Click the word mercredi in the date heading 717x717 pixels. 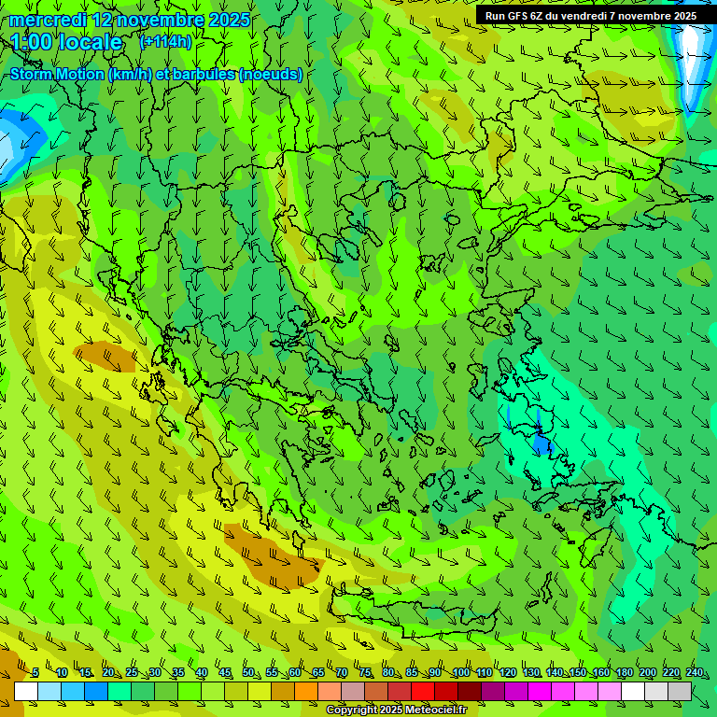tap(48, 20)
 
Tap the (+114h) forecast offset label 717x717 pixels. tap(165, 42)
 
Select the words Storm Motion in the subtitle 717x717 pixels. tap(58, 74)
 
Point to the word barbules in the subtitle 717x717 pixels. tap(204, 74)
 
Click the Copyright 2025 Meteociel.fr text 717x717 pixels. tap(396, 710)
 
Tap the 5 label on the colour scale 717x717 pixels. tap(35, 673)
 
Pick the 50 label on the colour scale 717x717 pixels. tap(248, 673)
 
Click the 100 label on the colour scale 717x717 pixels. tap(460, 673)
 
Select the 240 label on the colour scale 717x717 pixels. tap(694, 673)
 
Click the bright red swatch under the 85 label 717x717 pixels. tap(423, 691)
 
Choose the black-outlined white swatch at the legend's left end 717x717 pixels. tap(26, 691)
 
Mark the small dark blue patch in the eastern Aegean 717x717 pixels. tap(541, 445)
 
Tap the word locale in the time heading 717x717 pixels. tap(88, 42)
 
